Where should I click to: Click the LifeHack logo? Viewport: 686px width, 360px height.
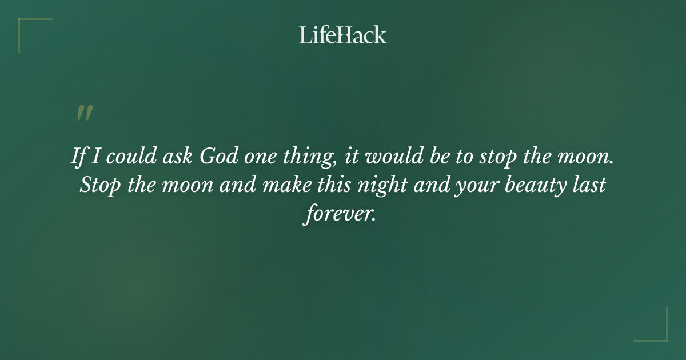click(x=342, y=35)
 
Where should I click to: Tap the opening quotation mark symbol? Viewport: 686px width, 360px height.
click(x=84, y=113)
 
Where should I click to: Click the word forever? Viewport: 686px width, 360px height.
click(x=341, y=215)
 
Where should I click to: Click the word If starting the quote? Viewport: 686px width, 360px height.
click(x=78, y=157)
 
